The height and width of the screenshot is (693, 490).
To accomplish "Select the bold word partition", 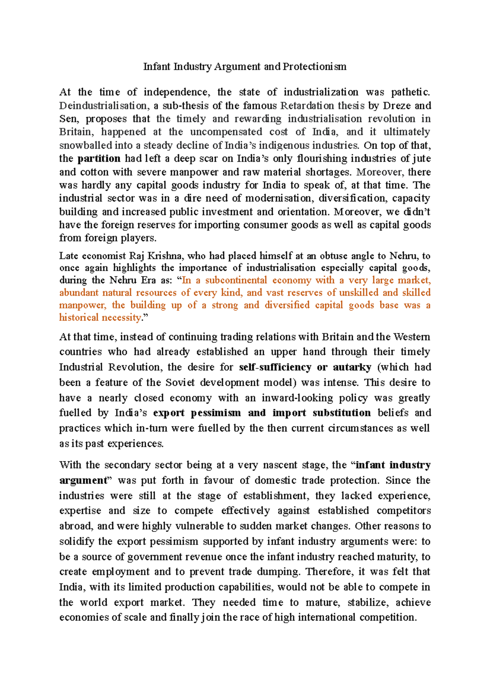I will [99, 158].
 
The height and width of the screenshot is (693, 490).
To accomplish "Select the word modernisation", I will [276, 198].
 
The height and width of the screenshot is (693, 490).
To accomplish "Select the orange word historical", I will [79, 318].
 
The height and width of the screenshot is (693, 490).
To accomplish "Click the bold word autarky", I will [352, 367].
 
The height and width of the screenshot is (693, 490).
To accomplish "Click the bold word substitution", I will [341, 413].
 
